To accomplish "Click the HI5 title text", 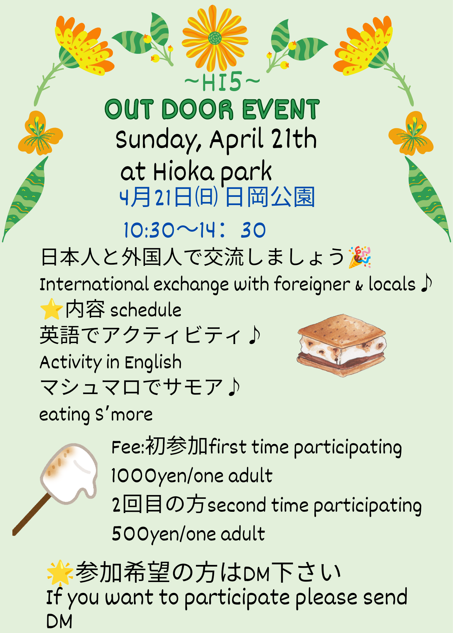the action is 222,82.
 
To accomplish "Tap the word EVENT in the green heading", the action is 281,110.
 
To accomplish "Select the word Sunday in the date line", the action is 158,140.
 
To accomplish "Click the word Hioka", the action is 184,172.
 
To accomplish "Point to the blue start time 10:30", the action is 149,230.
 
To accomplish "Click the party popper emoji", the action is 359,257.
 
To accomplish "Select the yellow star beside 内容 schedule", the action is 51,309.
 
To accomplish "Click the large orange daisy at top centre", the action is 215,38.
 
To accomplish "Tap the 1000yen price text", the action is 191,475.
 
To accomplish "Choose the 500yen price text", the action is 188,534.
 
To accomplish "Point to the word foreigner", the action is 312,284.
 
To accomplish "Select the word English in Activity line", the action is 153,363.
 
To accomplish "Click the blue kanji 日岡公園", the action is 270,197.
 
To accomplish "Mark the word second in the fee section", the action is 236,505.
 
